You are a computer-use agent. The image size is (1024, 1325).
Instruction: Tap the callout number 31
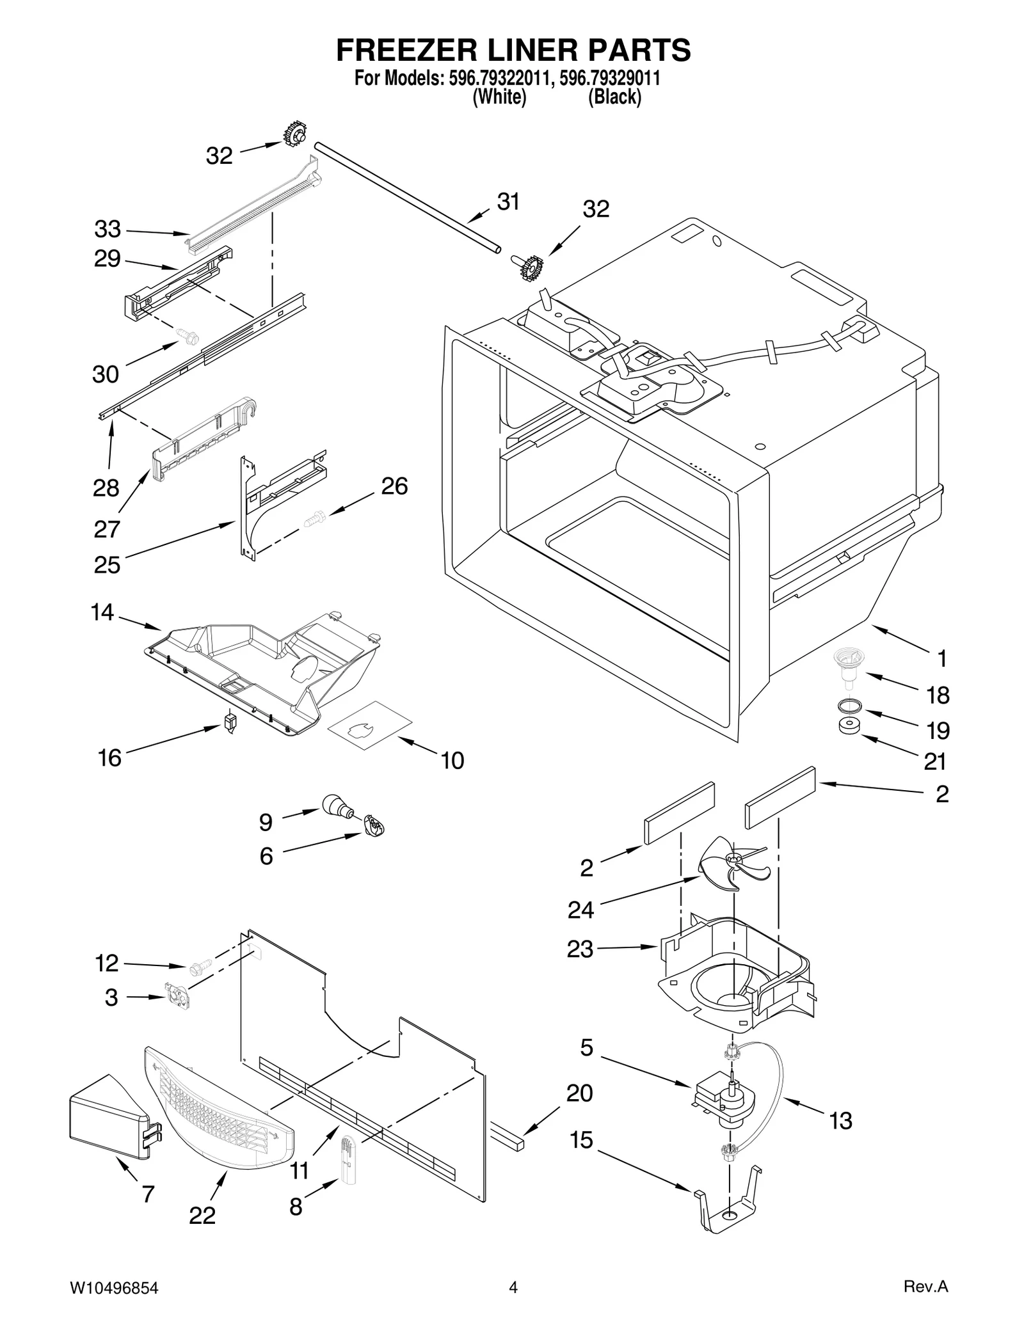[x=508, y=202]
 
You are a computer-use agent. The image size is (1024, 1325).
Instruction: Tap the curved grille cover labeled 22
[x=218, y=1114]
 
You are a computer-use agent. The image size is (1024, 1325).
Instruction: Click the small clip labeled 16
[x=230, y=722]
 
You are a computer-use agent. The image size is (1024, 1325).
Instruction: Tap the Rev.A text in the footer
[x=925, y=1284]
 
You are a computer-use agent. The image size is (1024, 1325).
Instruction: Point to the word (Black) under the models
[x=614, y=97]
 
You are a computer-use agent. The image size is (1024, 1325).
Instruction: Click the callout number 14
[x=102, y=613]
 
